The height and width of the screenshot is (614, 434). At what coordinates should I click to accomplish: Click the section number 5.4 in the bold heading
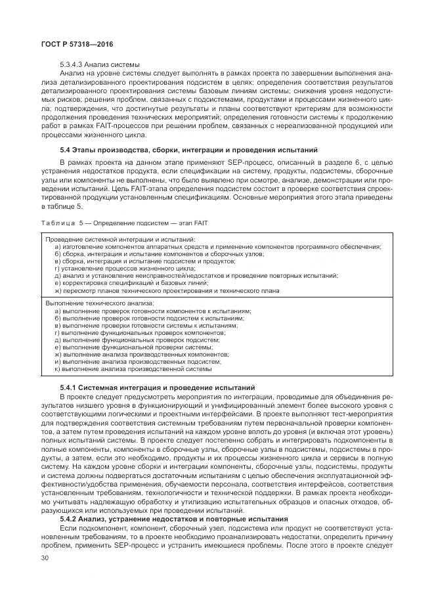coord(66,150)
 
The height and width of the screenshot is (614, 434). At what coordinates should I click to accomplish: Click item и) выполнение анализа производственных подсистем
coord(138,361)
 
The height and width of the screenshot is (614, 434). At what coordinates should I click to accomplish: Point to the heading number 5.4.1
coord(69,387)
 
